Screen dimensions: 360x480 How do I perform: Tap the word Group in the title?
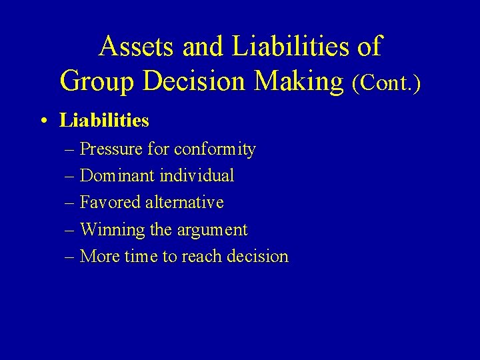(97, 81)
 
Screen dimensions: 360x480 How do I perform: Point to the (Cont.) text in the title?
(387, 83)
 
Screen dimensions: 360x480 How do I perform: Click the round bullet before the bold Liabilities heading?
(43, 121)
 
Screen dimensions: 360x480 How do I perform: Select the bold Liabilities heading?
(104, 121)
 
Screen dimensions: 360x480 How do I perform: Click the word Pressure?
(110, 149)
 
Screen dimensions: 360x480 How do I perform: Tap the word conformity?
(215, 149)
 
